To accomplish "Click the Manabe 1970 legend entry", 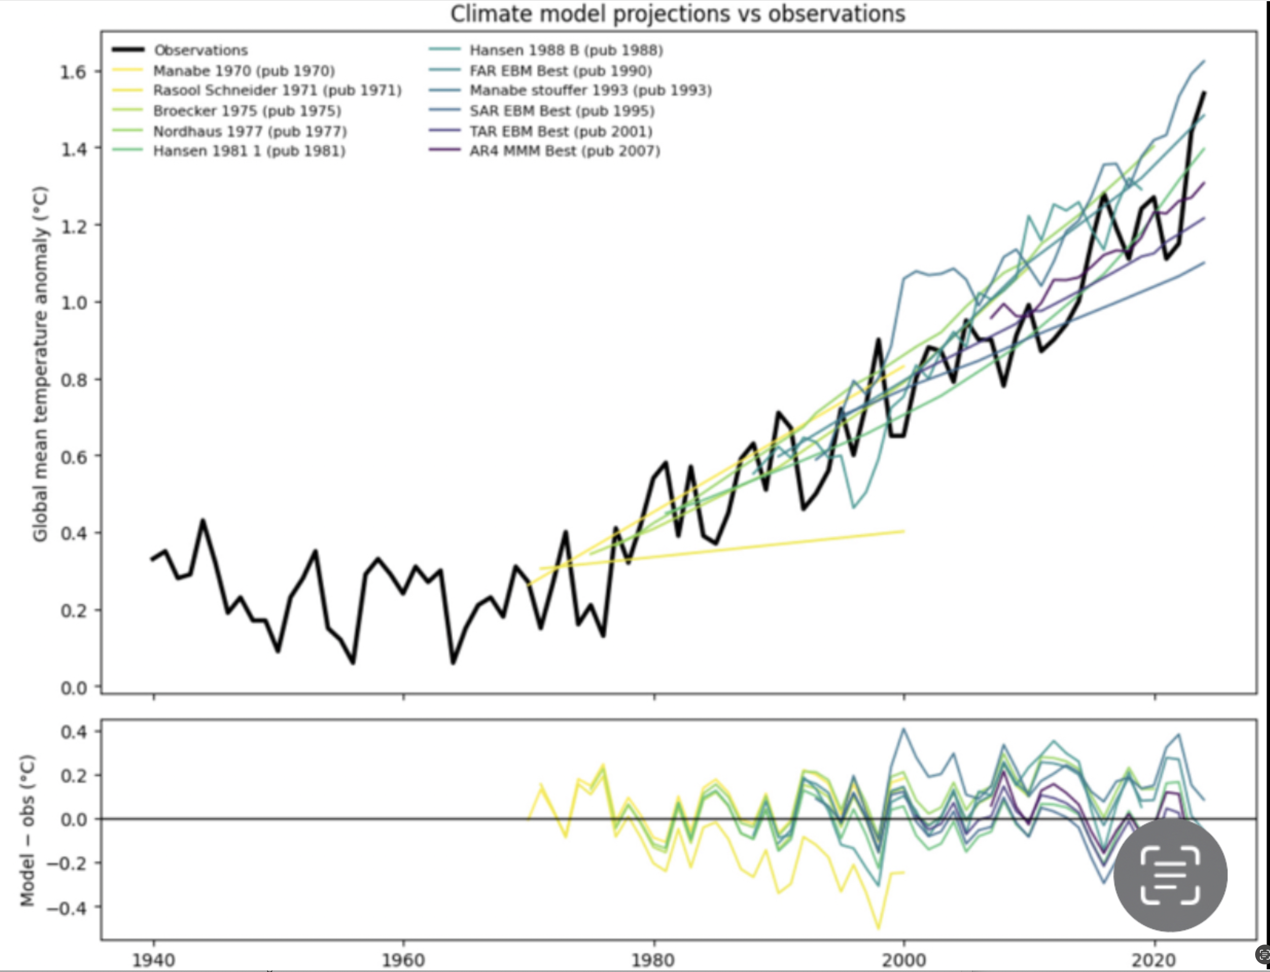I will [243, 70].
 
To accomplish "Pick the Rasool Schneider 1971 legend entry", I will [277, 91].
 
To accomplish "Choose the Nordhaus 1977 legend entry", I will [250, 131].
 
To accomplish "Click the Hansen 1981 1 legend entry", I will [249, 151].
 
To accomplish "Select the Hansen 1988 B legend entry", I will [566, 50].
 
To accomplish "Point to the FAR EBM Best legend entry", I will [560, 70].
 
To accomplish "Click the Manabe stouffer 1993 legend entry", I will [590, 91].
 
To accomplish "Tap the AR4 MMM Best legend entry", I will [564, 151].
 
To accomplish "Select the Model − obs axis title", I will [27, 830].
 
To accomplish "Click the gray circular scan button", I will [1170, 875].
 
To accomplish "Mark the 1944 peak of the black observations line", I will [203, 520].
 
